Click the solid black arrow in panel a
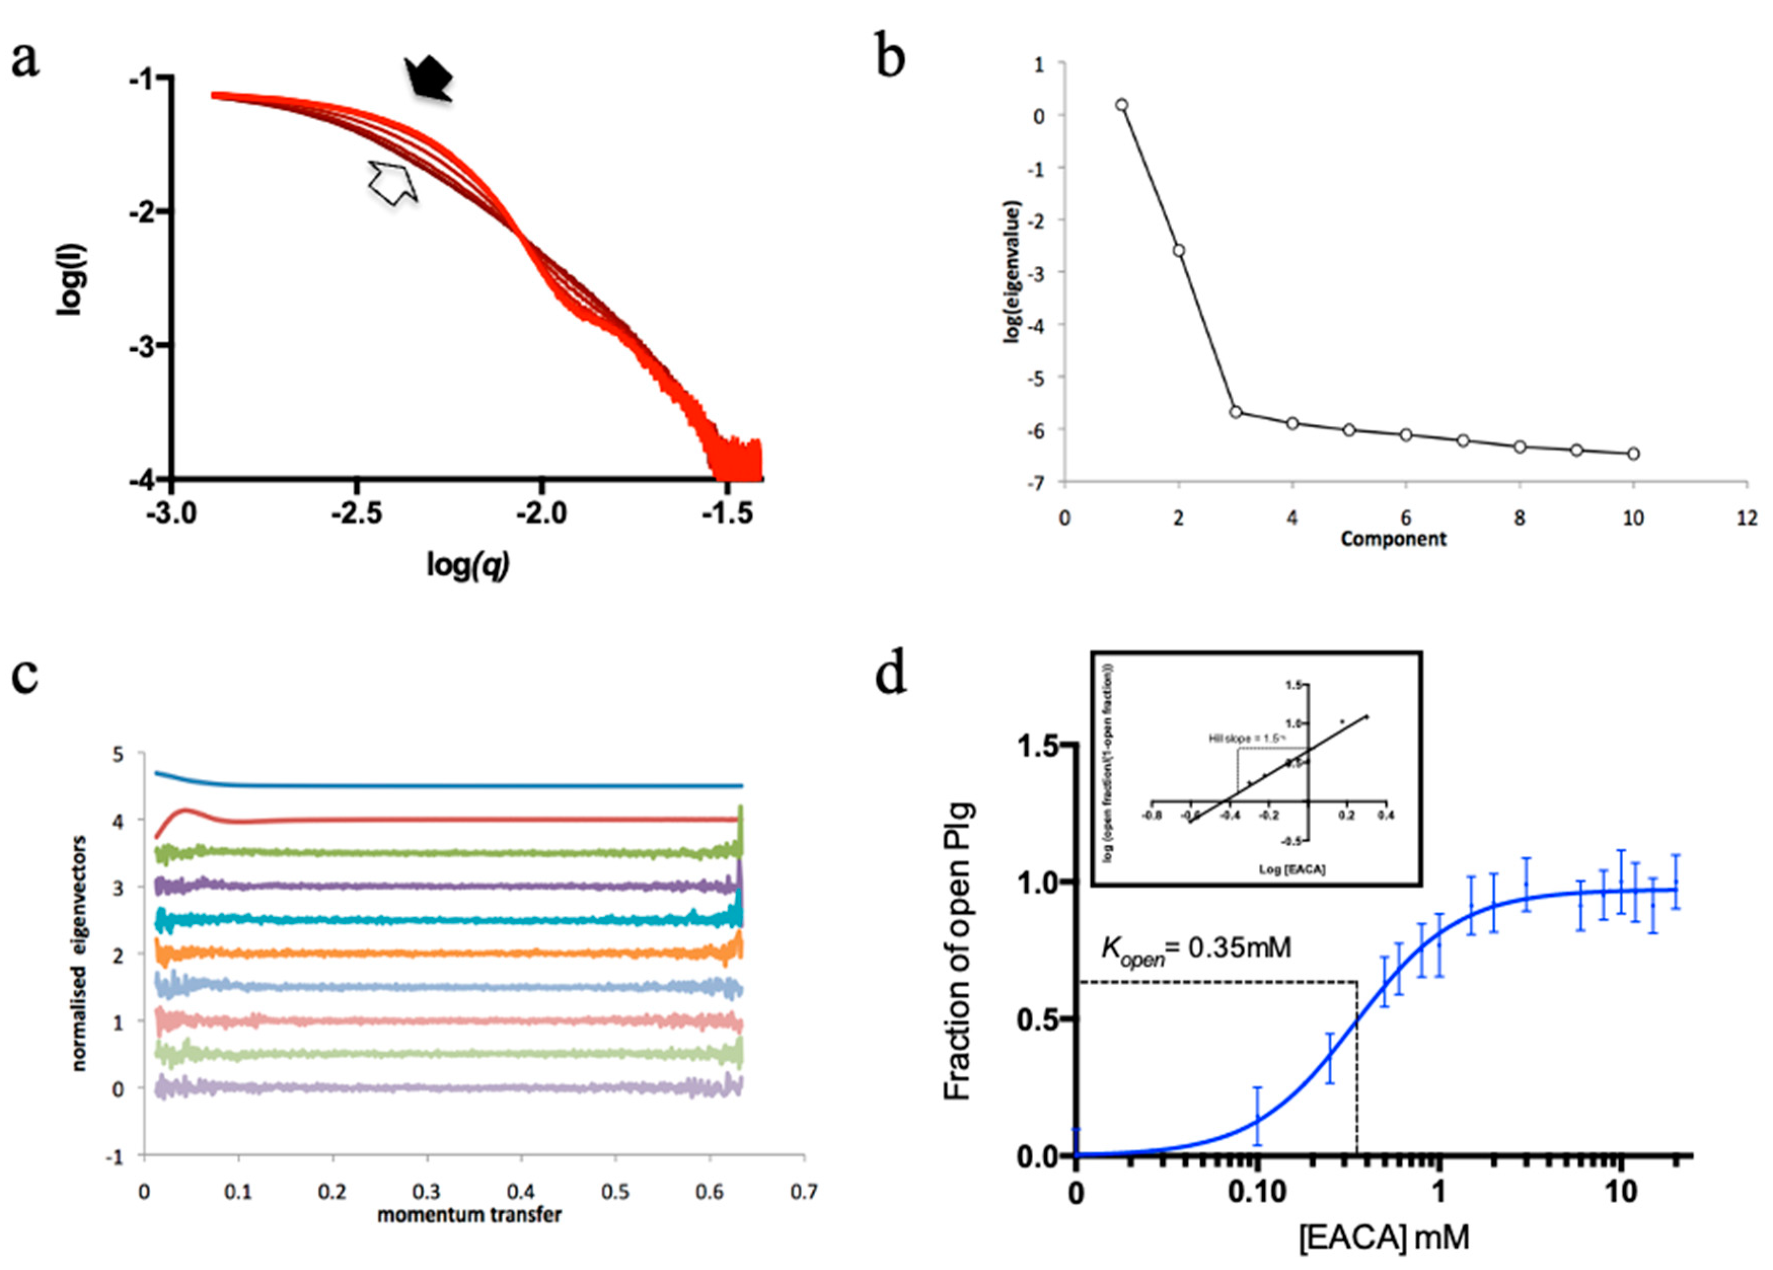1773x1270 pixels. click(428, 80)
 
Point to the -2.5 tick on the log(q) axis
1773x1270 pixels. click(356, 513)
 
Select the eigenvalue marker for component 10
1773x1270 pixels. click(1633, 453)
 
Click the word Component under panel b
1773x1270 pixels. click(1393, 539)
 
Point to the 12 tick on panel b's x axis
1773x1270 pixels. click(1747, 518)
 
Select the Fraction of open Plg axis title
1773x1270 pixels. click(957, 951)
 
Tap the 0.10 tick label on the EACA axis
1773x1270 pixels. click(1257, 1192)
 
